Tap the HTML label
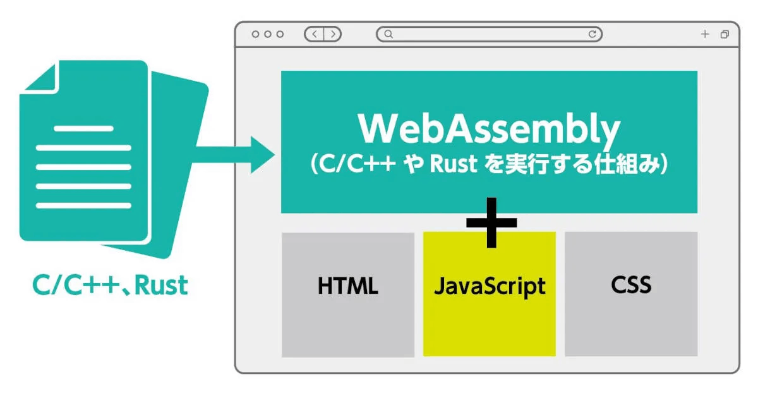(x=348, y=286)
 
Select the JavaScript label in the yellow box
(x=490, y=287)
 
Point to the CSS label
(x=631, y=285)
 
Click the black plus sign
(x=491, y=222)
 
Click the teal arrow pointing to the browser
(x=234, y=155)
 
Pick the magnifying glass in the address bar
(x=389, y=34)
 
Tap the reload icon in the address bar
(x=593, y=34)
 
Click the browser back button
(x=315, y=34)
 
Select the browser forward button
(x=333, y=34)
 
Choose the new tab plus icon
(x=705, y=34)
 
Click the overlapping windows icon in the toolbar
(x=725, y=34)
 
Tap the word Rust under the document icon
(x=161, y=286)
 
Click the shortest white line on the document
(x=83, y=129)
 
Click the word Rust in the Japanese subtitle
(x=454, y=164)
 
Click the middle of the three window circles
(x=268, y=34)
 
